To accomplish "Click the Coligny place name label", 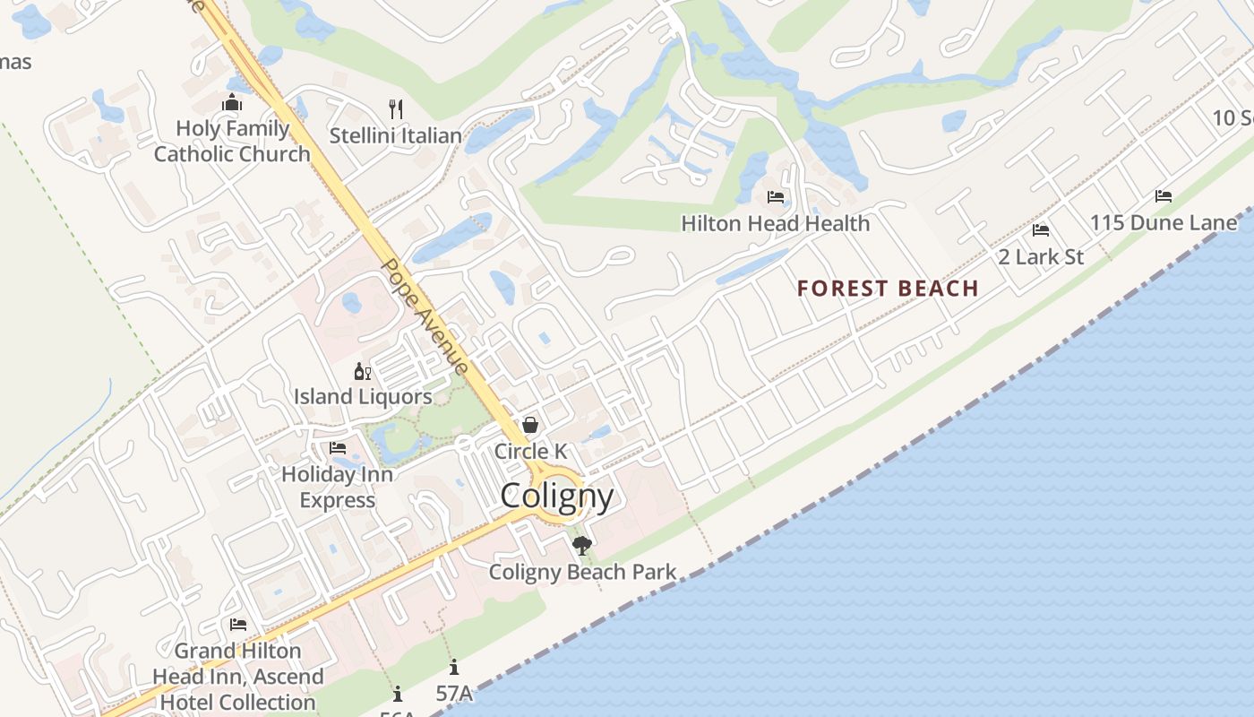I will click(x=557, y=496).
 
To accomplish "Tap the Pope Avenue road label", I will click(x=425, y=316).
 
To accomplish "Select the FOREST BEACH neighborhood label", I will click(x=888, y=288).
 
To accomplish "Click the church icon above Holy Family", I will click(x=232, y=103).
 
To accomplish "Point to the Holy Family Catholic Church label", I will click(x=232, y=141).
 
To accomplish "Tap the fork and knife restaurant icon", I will click(x=396, y=109).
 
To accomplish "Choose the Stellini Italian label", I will click(x=396, y=136).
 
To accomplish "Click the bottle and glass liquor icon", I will click(x=363, y=371).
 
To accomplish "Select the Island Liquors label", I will click(x=363, y=396).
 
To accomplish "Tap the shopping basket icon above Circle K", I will click(x=530, y=425).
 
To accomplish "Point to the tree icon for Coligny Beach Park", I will click(x=582, y=546).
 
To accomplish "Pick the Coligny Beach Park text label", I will click(x=582, y=572).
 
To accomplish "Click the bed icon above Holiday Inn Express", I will click(x=338, y=448).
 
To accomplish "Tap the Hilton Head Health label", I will click(x=776, y=223).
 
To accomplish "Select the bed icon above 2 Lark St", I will click(x=1041, y=230).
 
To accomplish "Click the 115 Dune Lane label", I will click(x=1163, y=222).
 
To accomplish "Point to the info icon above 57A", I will click(x=454, y=668).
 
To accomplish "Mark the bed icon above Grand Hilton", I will click(x=238, y=625).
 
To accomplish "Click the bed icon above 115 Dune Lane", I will click(x=1164, y=196).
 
